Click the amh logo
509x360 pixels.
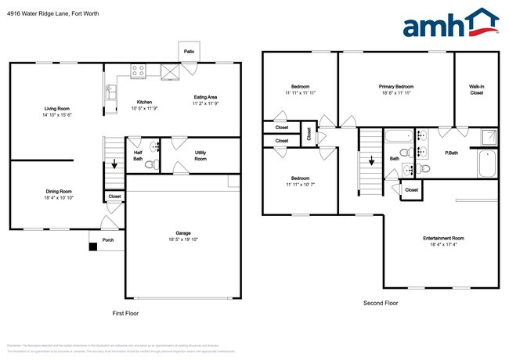[x=449, y=23]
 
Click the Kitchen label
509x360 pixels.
[x=145, y=102]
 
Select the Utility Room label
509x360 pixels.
[x=200, y=156]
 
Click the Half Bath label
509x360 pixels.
[x=138, y=156]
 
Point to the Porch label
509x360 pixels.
[x=108, y=239]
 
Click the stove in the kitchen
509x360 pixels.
[x=138, y=71]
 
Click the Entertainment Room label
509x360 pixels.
[x=443, y=238]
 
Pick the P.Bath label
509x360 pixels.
[x=451, y=153]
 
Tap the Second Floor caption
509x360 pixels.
[x=381, y=302]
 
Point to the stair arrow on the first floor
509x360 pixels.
[x=115, y=164]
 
